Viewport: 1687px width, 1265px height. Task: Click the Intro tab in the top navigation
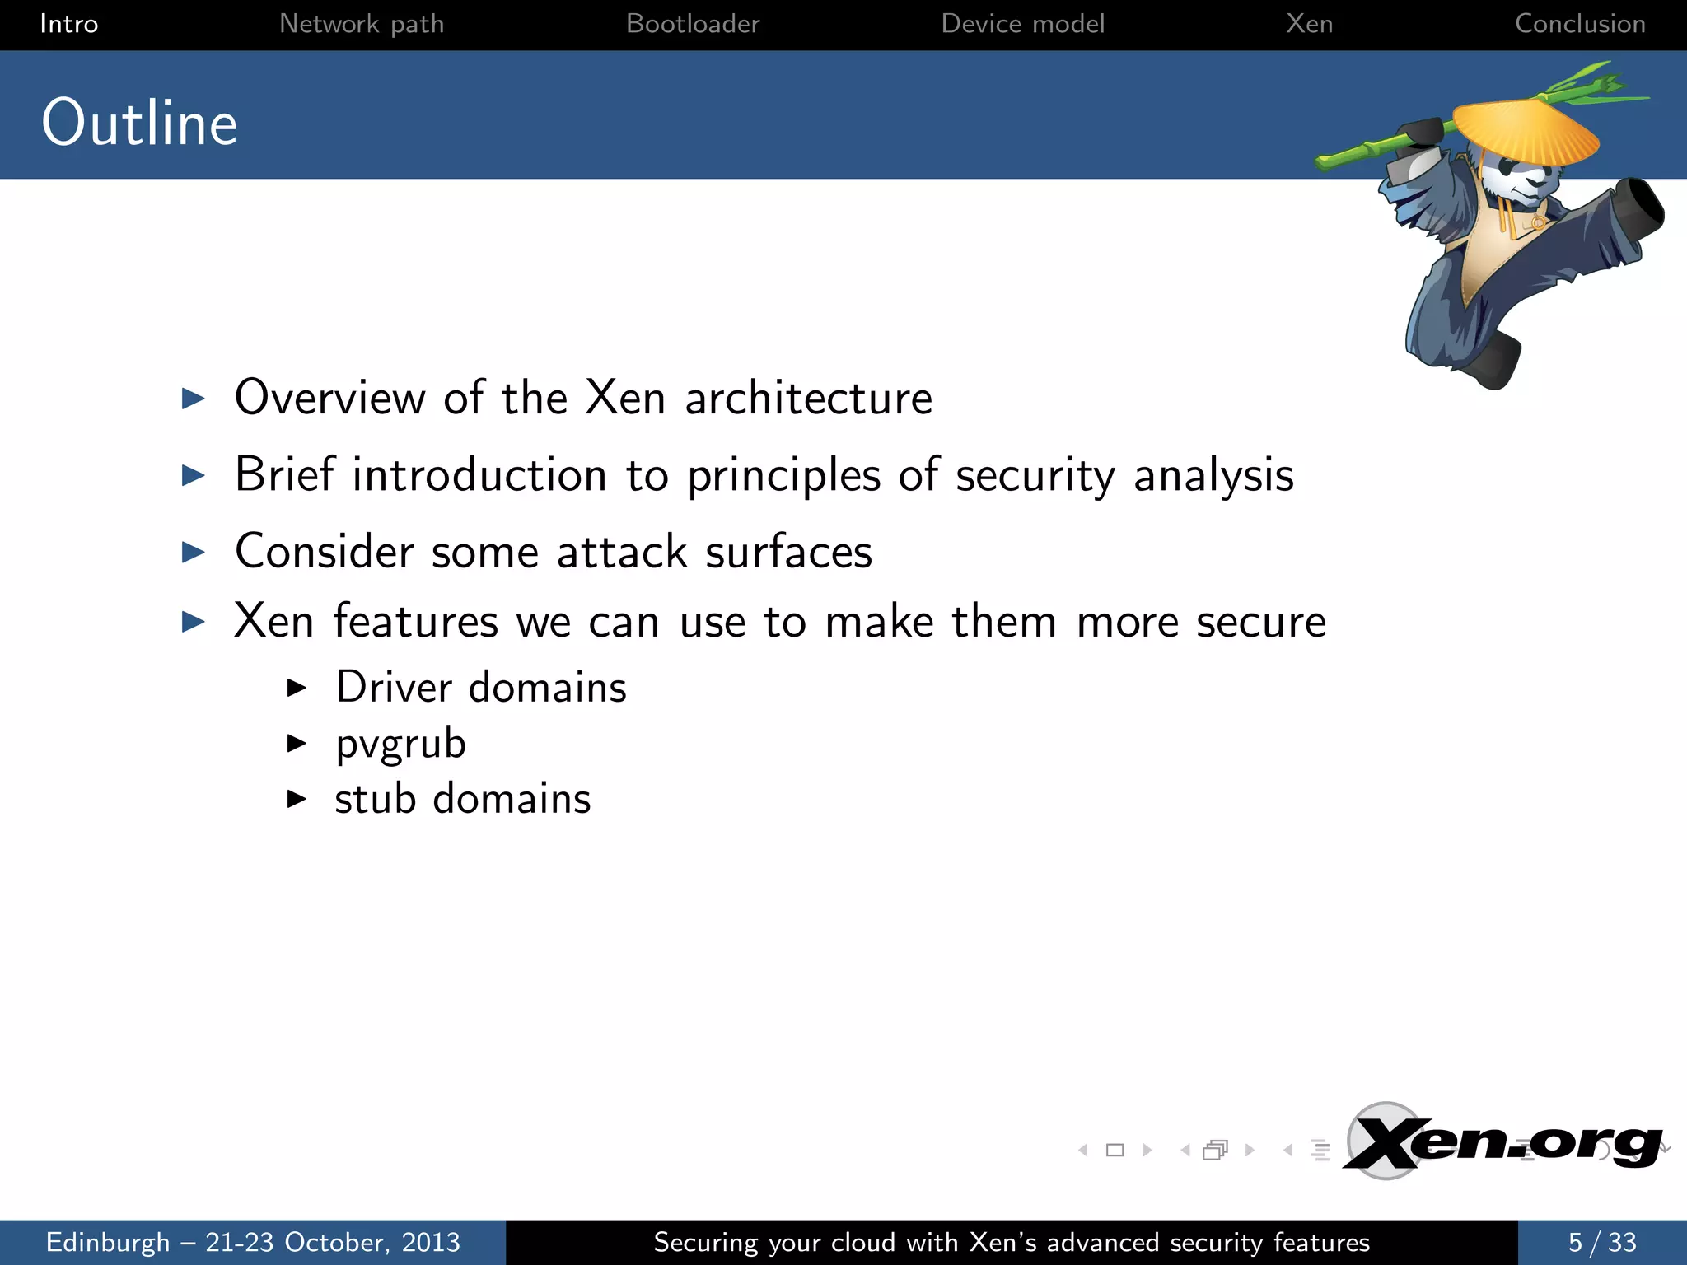(69, 24)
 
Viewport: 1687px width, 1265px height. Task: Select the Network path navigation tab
(362, 24)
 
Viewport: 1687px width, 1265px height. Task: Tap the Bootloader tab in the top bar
(693, 24)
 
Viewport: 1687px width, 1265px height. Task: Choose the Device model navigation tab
(1022, 24)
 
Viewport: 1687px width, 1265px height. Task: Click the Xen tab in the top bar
(1309, 24)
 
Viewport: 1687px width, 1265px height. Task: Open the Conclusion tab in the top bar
(1580, 24)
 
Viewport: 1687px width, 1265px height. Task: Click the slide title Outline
(140, 123)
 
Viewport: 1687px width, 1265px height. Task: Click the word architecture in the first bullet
(808, 399)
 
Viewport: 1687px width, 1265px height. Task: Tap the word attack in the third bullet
(622, 552)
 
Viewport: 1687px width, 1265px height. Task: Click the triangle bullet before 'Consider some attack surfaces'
(193, 552)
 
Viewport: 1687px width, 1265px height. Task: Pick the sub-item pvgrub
(401, 744)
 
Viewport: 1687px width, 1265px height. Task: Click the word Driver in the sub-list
(394, 687)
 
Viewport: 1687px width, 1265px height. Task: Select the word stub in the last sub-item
(375, 798)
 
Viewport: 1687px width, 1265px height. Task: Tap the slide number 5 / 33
(1601, 1242)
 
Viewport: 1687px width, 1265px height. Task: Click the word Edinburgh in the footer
(108, 1242)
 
